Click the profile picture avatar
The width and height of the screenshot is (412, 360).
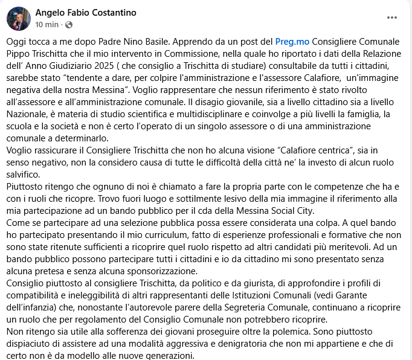pyautogui.click(x=18, y=19)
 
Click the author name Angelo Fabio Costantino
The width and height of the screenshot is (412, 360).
pyautogui.click(x=86, y=13)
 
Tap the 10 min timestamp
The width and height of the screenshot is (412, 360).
pyautogui.click(x=47, y=25)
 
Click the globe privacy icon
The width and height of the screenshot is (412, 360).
pyautogui.click(x=68, y=25)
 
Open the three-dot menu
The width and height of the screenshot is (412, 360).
pyautogui.click(x=392, y=18)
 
